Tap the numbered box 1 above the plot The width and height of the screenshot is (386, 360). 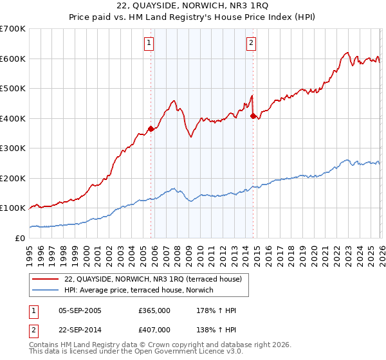(x=149, y=43)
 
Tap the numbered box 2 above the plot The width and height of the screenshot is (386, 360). (x=251, y=43)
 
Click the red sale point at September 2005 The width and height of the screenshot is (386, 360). (x=151, y=129)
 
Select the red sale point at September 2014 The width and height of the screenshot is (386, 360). (x=253, y=116)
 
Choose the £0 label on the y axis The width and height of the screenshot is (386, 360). (x=19, y=238)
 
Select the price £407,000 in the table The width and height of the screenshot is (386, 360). (x=154, y=329)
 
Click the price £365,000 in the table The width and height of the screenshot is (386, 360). (x=154, y=311)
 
